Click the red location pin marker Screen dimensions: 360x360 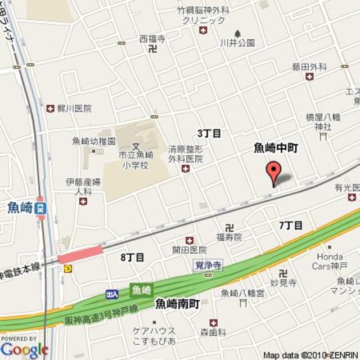[x=273, y=172]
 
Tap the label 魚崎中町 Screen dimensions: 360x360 [x=275, y=148]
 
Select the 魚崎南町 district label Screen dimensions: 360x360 [x=178, y=304]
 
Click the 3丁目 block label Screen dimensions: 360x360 [x=209, y=133]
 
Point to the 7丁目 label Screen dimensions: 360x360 [x=291, y=225]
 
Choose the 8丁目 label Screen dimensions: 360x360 [x=132, y=257]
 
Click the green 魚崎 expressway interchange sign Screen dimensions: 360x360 [x=141, y=290]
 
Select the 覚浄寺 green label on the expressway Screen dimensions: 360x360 [x=208, y=264]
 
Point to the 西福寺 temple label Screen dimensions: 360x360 [x=152, y=39]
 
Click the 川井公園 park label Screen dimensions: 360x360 [x=237, y=43]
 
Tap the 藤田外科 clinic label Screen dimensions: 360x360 [x=309, y=67]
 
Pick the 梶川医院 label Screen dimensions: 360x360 [x=74, y=109]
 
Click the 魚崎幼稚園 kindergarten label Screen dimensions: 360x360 [x=94, y=141]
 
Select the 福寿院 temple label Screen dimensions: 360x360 [x=229, y=237]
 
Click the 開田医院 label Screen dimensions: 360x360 [x=190, y=250]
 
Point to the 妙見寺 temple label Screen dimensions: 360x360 [x=283, y=283]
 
